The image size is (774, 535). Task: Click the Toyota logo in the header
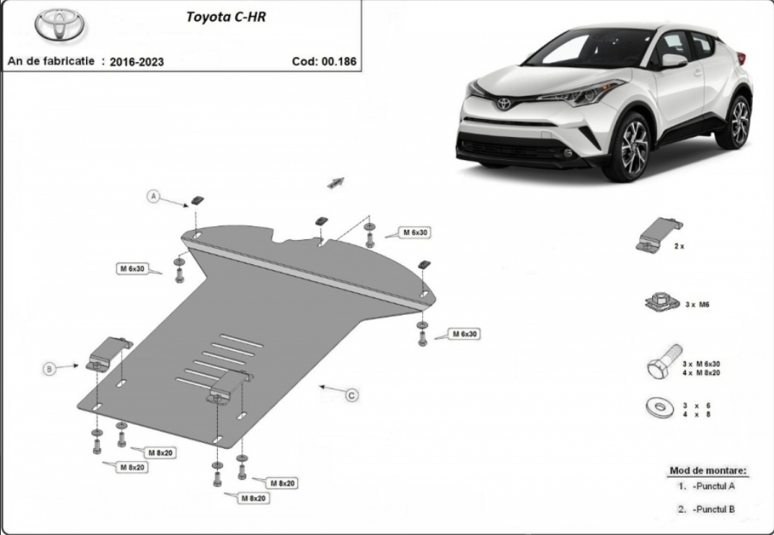59,24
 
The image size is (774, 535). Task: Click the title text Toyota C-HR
225,16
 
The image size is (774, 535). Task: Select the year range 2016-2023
137,61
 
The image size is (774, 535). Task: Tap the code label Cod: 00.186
324,61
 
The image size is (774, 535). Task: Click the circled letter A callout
153,197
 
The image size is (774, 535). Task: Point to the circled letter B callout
49,369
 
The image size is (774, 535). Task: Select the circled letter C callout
352,395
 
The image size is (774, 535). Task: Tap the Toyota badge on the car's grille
503,104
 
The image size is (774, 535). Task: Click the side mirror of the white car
674,61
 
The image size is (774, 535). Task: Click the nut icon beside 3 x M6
662,302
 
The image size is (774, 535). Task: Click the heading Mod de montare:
708,471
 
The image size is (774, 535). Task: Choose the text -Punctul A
713,486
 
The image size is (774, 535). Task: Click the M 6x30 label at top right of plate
415,233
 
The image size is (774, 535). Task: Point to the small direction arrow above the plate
335,182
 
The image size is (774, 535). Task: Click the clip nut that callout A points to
198,201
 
